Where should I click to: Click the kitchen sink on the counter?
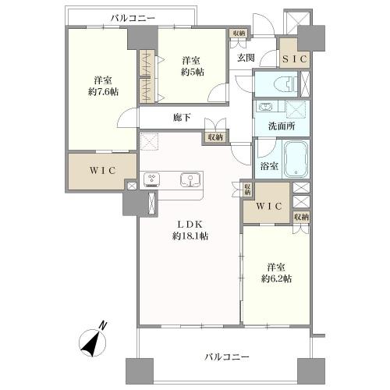pos(190,179)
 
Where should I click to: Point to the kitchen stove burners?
pos(151,179)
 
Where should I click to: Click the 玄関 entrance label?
pos(246,57)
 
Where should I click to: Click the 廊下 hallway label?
pos(183,119)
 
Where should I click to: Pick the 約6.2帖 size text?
pos(276,278)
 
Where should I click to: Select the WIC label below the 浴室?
pos(268,207)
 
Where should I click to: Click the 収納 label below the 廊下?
pos(214,137)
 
